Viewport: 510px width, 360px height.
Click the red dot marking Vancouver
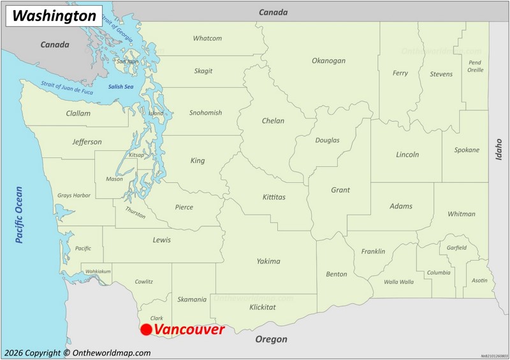coord(146,329)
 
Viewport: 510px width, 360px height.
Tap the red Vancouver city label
coord(189,330)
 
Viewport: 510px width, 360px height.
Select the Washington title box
coord(54,16)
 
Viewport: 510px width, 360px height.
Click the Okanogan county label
coord(328,61)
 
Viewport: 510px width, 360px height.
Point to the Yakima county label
coord(268,261)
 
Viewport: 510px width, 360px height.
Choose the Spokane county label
coord(467,150)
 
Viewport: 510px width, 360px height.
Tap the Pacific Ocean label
coord(19,215)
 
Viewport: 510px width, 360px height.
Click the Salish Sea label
coord(120,87)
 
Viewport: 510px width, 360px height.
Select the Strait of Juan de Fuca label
coord(66,89)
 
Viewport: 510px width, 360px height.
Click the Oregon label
coord(271,340)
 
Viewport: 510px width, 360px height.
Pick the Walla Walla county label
coord(398,282)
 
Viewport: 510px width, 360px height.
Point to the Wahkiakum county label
coord(98,271)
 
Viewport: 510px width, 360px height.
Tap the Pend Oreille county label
coord(475,66)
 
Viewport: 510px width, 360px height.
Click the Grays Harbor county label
coord(74,196)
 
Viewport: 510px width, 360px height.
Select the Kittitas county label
coord(274,198)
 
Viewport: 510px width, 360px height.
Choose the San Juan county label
coord(127,62)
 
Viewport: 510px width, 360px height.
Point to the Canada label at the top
coord(273,12)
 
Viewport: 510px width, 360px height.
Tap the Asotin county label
coord(479,280)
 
